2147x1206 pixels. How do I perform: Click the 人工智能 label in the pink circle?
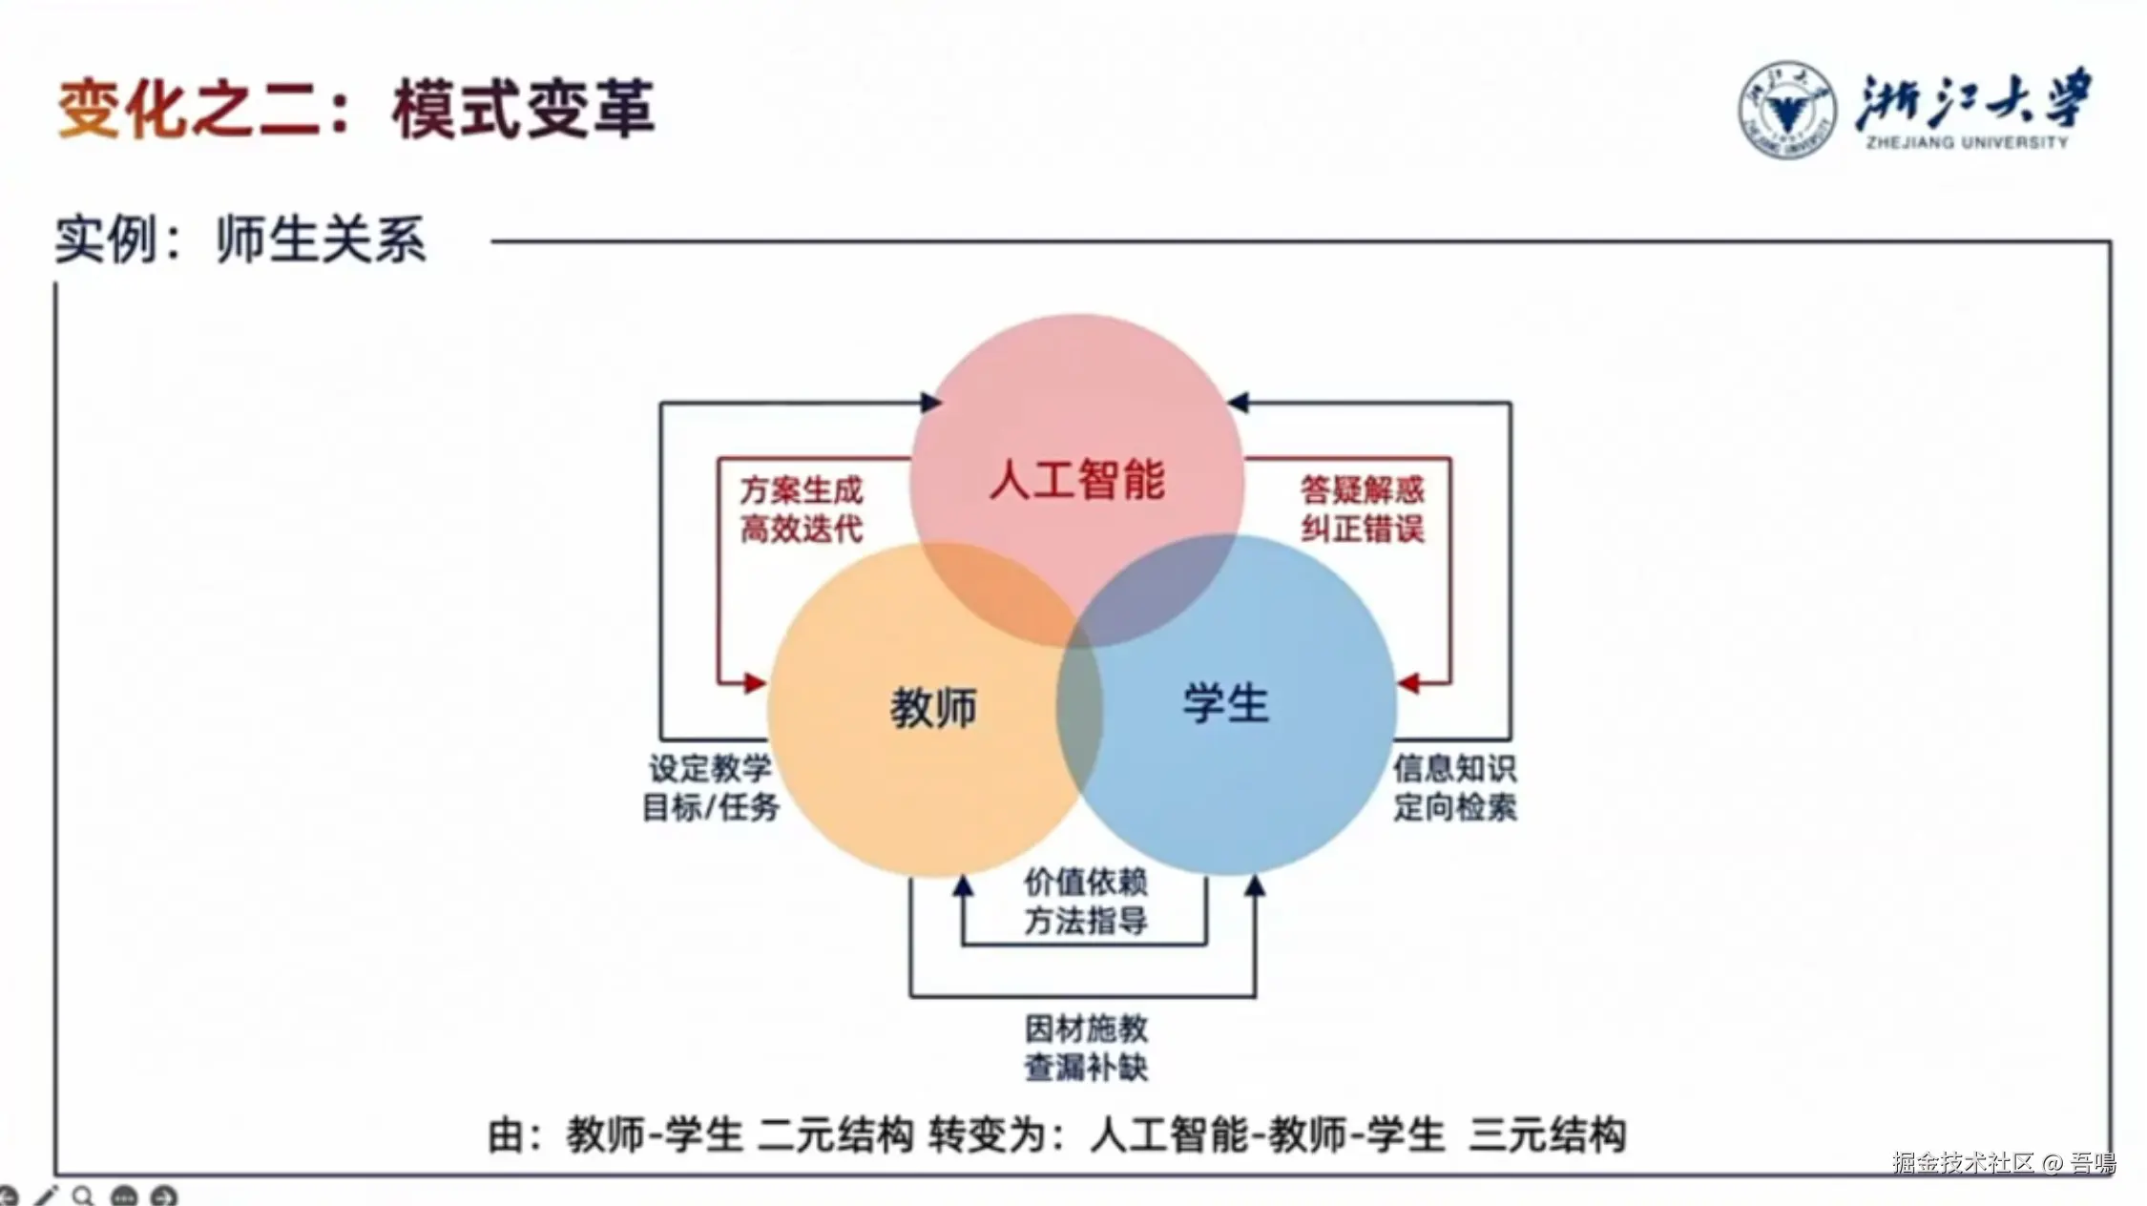coord(1076,479)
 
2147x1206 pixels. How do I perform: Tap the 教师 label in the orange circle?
coord(933,708)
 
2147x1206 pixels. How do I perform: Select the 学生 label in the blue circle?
coord(1226,704)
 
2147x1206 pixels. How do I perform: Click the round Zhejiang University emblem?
coord(1786,110)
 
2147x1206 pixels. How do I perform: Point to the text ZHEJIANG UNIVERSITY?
coord(1968,143)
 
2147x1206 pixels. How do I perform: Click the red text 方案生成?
coord(802,490)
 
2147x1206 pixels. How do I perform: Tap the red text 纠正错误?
coord(1363,529)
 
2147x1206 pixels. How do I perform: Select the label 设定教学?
coord(710,768)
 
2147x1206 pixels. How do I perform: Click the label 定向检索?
coord(1454,807)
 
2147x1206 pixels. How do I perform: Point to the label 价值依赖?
coord(1086,883)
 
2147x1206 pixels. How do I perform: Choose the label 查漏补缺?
coord(1086,1068)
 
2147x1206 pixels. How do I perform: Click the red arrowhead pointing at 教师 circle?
coord(755,683)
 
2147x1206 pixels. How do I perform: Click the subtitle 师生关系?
coord(321,239)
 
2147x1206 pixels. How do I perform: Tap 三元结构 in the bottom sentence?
coord(1547,1135)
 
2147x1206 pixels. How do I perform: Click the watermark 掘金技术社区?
coord(1964,1162)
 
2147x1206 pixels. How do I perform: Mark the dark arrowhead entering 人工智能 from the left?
coord(930,403)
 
